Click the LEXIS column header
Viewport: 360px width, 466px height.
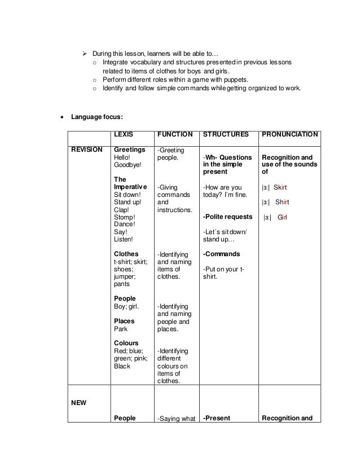125,135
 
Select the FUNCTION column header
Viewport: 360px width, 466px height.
175,135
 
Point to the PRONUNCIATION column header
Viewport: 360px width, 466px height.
288,135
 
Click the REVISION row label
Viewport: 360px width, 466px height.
87,150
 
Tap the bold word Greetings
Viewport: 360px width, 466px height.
130,150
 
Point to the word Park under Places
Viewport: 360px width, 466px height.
121,328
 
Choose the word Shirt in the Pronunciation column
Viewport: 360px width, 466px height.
283,202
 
